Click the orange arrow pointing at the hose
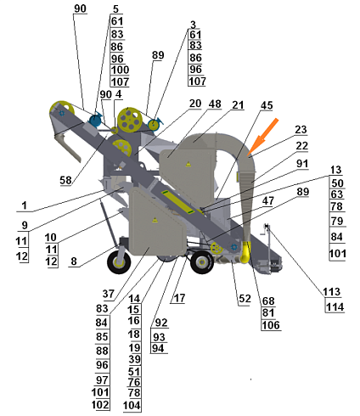click(x=263, y=138)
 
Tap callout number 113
click(x=332, y=291)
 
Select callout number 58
click(x=65, y=180)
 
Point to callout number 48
click(x=215, y=104)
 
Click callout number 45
click(x=267, y=105)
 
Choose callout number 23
click(x=301, y=130)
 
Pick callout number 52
click(x=245, y=299)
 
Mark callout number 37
click(x=109, y=294)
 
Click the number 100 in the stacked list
click(x=120, y=70)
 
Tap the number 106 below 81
click(x=271, y=325)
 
